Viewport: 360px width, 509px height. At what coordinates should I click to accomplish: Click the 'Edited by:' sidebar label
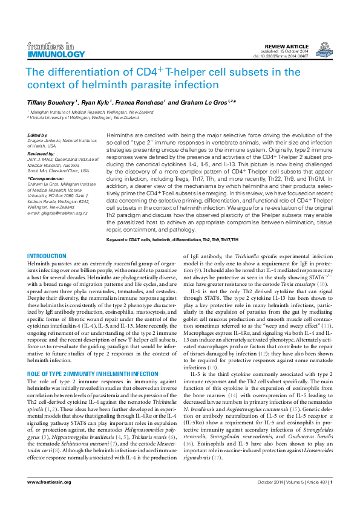[38, 135]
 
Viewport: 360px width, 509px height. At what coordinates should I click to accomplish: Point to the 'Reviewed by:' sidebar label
[42, 154]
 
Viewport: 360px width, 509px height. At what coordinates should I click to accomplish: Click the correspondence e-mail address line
[57, 213]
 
